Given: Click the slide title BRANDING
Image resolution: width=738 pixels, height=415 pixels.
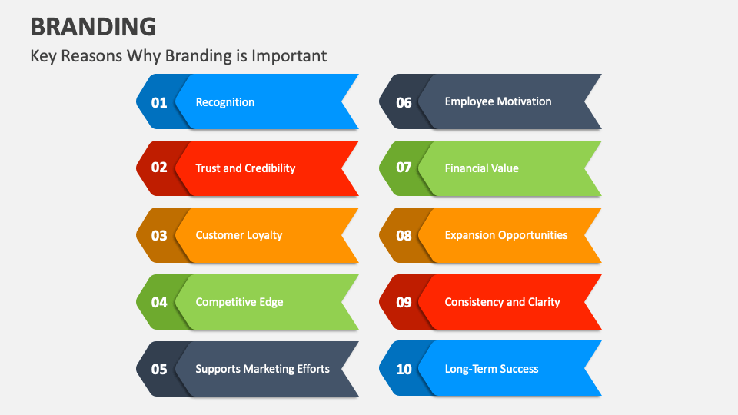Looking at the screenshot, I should [x=93, y=26].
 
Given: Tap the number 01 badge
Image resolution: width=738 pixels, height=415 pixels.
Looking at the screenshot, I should [x=159, y=102].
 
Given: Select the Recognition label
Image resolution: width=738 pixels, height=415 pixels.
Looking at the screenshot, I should [x=225, y=102].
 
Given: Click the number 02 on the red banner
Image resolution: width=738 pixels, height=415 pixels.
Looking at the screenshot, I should [x=159, y=168].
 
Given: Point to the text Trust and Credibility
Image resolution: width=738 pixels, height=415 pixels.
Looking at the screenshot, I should [x=245, y=168].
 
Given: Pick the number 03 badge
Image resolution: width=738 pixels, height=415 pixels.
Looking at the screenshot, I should [x=159, y=235].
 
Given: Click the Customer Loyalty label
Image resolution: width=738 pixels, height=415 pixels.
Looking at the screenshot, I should [x=239, y=235].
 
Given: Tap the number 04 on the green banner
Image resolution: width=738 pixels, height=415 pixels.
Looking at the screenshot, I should [x=159, y=302].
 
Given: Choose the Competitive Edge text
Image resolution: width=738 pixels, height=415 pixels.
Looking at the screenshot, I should [x=239, y=302].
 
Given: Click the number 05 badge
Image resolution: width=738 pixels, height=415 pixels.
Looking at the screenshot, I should [x=159, y=370].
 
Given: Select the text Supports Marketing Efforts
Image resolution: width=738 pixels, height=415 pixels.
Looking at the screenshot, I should [x=262, y=369].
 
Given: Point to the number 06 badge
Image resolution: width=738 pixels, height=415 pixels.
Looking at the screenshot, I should [x=404, y=102].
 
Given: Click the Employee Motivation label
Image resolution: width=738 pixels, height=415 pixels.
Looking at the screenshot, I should [x=498, y=101].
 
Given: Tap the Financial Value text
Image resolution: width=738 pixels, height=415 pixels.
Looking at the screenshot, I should [x=482, y=168].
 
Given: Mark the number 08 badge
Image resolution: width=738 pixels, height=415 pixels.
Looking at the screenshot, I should [x=404, y=235].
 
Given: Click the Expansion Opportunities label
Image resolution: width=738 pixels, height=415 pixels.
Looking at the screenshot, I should [x=506, y=235].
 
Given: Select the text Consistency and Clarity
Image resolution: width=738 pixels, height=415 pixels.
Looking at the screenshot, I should [x=502, y=302].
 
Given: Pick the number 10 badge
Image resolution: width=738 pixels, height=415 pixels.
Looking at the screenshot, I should [x=404, y=370].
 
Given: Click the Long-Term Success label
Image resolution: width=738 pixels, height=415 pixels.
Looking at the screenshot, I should [x=491, y=369].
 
